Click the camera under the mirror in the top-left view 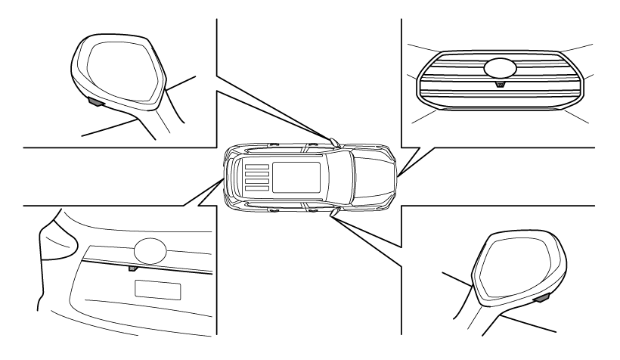point(97,99)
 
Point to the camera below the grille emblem point(498,85)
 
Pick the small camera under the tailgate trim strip point(133,267)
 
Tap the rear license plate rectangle point(157,289)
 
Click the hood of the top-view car point(371,175)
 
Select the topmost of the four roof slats point(256,164)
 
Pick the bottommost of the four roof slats point(256,187)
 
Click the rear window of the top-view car point(237,176)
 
